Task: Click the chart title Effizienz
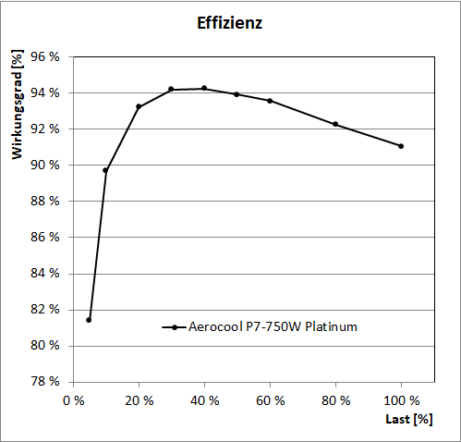point(230,24)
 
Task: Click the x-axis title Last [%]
point(409,420)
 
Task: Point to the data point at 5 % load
point(89,320)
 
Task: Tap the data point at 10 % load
point(105,170)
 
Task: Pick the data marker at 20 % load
point(139,106)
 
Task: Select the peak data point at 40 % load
point(204,88)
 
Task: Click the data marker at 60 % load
point(270,101)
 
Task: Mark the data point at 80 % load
point(335,124)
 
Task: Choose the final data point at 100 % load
point(401,146)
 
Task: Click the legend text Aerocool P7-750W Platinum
point(273,326)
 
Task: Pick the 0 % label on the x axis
point(73,400)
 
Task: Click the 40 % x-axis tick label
point(204,400)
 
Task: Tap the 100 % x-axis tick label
point(401,400)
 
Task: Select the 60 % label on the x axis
point(270,400)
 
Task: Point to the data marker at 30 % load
point(171,89)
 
